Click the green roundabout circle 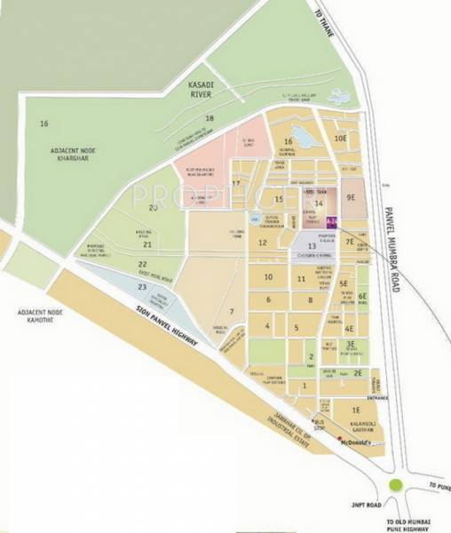pos(396,485)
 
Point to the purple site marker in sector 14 pos(331,220)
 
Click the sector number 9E pos(351,197)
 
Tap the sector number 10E pos(340,139)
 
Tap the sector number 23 pos(141,287)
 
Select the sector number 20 pos(153,208)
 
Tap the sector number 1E pos(354,410)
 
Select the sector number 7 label pos(231,311)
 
